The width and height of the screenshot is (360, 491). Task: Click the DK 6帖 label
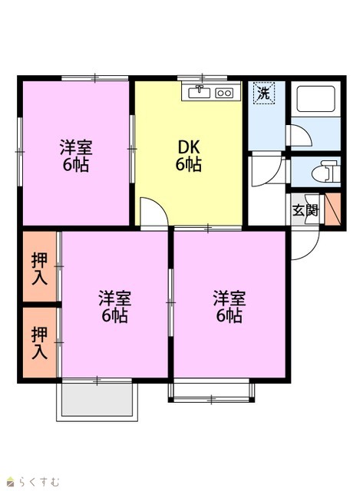(x=188, y=156)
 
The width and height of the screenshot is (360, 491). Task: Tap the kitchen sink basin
(x=200, y=93)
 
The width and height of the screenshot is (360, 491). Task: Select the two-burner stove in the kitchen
(x=224, y=93)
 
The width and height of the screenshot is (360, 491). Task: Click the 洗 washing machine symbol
(x=264, y=93)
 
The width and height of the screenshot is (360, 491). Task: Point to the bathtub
(x=315, y=99)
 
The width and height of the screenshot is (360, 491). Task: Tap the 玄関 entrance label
(x=306, y=211)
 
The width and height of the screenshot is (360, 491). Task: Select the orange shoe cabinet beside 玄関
(x=332, y=209)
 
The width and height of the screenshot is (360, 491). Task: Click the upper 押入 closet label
(x=39, y=269)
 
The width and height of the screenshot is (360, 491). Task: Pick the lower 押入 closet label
(x=39, y=343)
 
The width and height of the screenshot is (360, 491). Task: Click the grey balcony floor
(x=97, y=400)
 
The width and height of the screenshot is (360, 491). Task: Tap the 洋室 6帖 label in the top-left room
(x=76, y=156)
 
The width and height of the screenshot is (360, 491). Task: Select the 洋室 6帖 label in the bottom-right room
(x=230, y=307)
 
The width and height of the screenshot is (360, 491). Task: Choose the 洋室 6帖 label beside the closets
(x=114, y=307)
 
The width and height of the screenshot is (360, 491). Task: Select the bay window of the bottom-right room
(x=212, y=390)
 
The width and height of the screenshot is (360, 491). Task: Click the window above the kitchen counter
(x=202, y=77)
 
